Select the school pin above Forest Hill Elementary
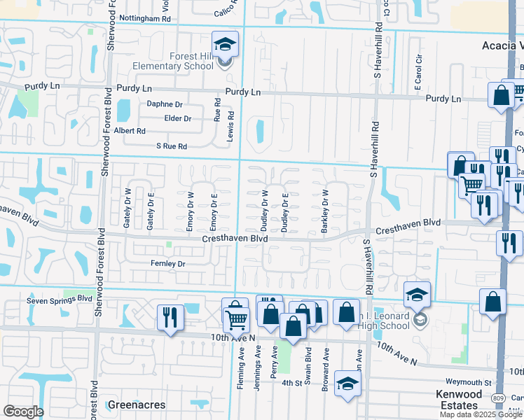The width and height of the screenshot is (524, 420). click(x=226, y=45)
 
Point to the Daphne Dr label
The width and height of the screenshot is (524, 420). click(x=165, y=104)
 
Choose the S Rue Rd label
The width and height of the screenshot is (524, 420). click(x=171, y=146)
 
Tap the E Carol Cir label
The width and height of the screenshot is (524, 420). click(x=418, y=72)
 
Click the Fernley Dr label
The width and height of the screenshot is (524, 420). click(x=167, y=264)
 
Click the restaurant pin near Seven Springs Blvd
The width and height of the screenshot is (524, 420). click(x=170, y=317)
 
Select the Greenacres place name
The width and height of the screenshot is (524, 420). click(x=137, y=405)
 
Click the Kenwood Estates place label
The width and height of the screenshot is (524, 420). click(x=459, y=400)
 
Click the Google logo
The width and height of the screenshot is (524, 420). click(x=23, y=411)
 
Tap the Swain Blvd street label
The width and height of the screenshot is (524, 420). click(x=308, y=358)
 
